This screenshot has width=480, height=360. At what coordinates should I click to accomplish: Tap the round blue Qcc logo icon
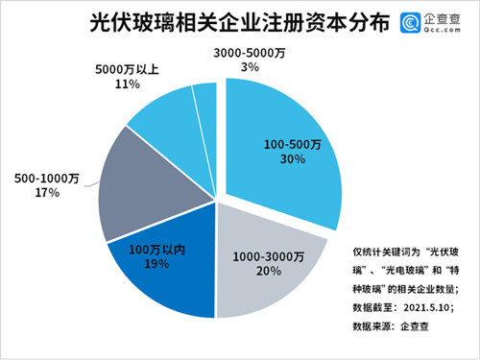411,22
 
